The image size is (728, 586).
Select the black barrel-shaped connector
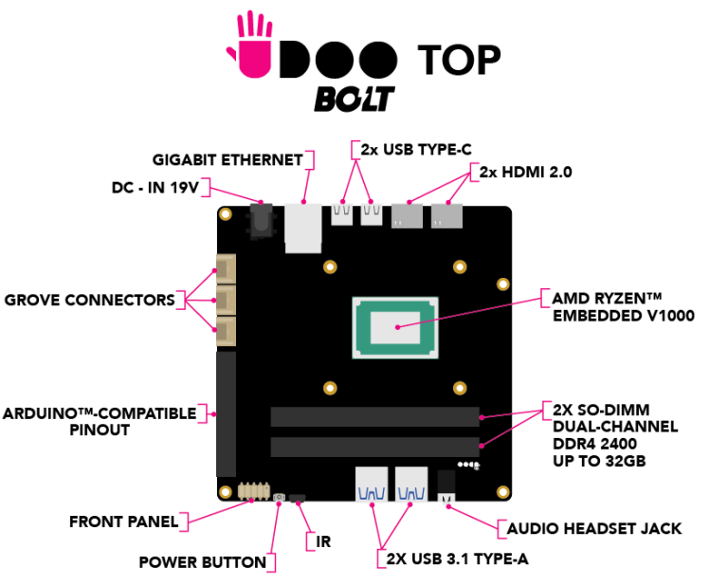(262, 220)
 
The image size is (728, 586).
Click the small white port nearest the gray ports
(372, 214)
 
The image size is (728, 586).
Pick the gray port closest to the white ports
(407, 215)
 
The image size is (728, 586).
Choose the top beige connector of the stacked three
(226, 268)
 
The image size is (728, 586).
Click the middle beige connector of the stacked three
(226, 300)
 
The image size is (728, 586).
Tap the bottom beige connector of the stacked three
(226, 331)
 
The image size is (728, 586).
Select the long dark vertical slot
(226, 413)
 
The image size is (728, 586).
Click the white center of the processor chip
(395, 328)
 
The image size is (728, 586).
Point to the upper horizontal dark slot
(374, 416)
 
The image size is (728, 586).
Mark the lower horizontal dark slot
(374, 447)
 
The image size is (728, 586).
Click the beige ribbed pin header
(254, 491)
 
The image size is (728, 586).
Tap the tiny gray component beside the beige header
(279, 497)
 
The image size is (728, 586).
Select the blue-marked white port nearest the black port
(411, 484)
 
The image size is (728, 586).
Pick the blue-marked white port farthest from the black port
(372, 484)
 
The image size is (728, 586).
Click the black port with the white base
(446, 485)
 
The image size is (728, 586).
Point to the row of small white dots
(468, 465)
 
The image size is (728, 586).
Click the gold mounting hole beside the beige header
(226, 492)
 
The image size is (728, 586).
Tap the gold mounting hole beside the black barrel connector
(226, 214)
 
